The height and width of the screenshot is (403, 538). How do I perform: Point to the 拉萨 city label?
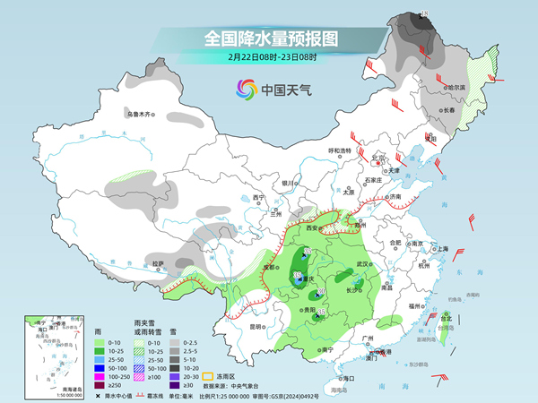point(158,263)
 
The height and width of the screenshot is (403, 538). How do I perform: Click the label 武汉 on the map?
point(362,264)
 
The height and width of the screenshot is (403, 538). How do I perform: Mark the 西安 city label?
point(312,229)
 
